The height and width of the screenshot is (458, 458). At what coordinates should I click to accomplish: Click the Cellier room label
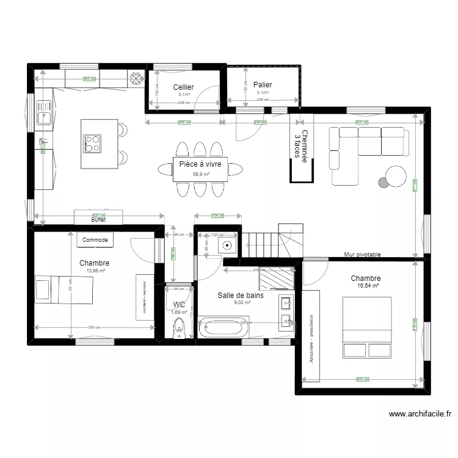[x=183, y=87]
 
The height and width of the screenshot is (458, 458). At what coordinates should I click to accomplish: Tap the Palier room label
[x=263, y=85]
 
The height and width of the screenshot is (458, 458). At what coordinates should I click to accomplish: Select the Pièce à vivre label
[x=200, y=164]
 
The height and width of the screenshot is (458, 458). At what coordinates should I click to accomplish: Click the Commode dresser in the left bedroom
[x=95, y=240]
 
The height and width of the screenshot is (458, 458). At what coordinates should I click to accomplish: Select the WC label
[x=179, y=304]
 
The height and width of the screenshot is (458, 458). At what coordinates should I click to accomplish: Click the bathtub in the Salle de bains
[x=224, y=328]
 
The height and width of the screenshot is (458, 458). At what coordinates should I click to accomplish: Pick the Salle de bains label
[x=241, y=295]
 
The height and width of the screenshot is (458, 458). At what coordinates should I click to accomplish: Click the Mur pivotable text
[x=362, y=255]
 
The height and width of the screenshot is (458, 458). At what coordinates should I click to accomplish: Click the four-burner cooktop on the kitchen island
[x=93, y=144]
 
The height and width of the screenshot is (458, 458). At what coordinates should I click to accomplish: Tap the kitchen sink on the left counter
[x=43, y=114]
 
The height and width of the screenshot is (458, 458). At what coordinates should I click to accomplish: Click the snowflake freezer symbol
[x=136, y=77]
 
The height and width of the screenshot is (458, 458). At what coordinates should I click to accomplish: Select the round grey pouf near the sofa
[x=383, y=181]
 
